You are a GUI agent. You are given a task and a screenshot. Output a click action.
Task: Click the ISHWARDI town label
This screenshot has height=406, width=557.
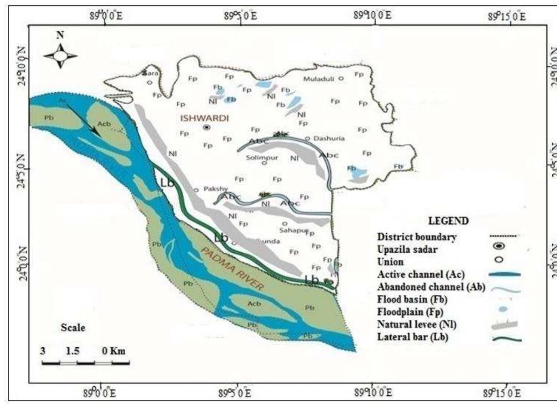[205, 118]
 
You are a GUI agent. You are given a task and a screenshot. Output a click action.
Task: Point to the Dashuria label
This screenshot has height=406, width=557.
[329, 138]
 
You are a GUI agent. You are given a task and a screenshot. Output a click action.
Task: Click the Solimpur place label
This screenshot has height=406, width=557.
[262, 158]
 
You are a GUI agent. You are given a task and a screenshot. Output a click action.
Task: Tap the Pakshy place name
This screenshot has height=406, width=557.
[215, 189]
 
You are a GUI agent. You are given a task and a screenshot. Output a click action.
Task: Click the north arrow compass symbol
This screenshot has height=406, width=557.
[60, 56]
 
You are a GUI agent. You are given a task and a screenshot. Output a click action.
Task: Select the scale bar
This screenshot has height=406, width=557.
[86, 363]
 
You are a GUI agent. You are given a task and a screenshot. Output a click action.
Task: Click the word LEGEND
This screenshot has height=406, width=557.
[448, 221]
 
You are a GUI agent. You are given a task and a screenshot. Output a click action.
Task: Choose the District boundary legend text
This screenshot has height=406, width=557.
[417, 237]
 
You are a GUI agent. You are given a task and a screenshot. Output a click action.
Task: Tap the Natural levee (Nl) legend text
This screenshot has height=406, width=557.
[417, 325]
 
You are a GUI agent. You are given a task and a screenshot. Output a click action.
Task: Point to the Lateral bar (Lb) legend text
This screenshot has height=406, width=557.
[412, 337]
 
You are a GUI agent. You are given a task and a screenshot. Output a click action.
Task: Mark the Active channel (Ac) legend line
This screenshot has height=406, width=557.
[505, 274]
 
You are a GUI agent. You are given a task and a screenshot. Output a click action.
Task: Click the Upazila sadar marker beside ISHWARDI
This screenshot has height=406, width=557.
[207, 127]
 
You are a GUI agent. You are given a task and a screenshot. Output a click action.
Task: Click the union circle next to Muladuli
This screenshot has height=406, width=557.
[341, 78]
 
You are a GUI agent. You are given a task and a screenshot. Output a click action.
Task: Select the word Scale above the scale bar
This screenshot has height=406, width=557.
[73, 328]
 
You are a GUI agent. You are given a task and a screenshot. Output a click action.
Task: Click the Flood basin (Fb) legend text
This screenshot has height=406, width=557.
[412, 299]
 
